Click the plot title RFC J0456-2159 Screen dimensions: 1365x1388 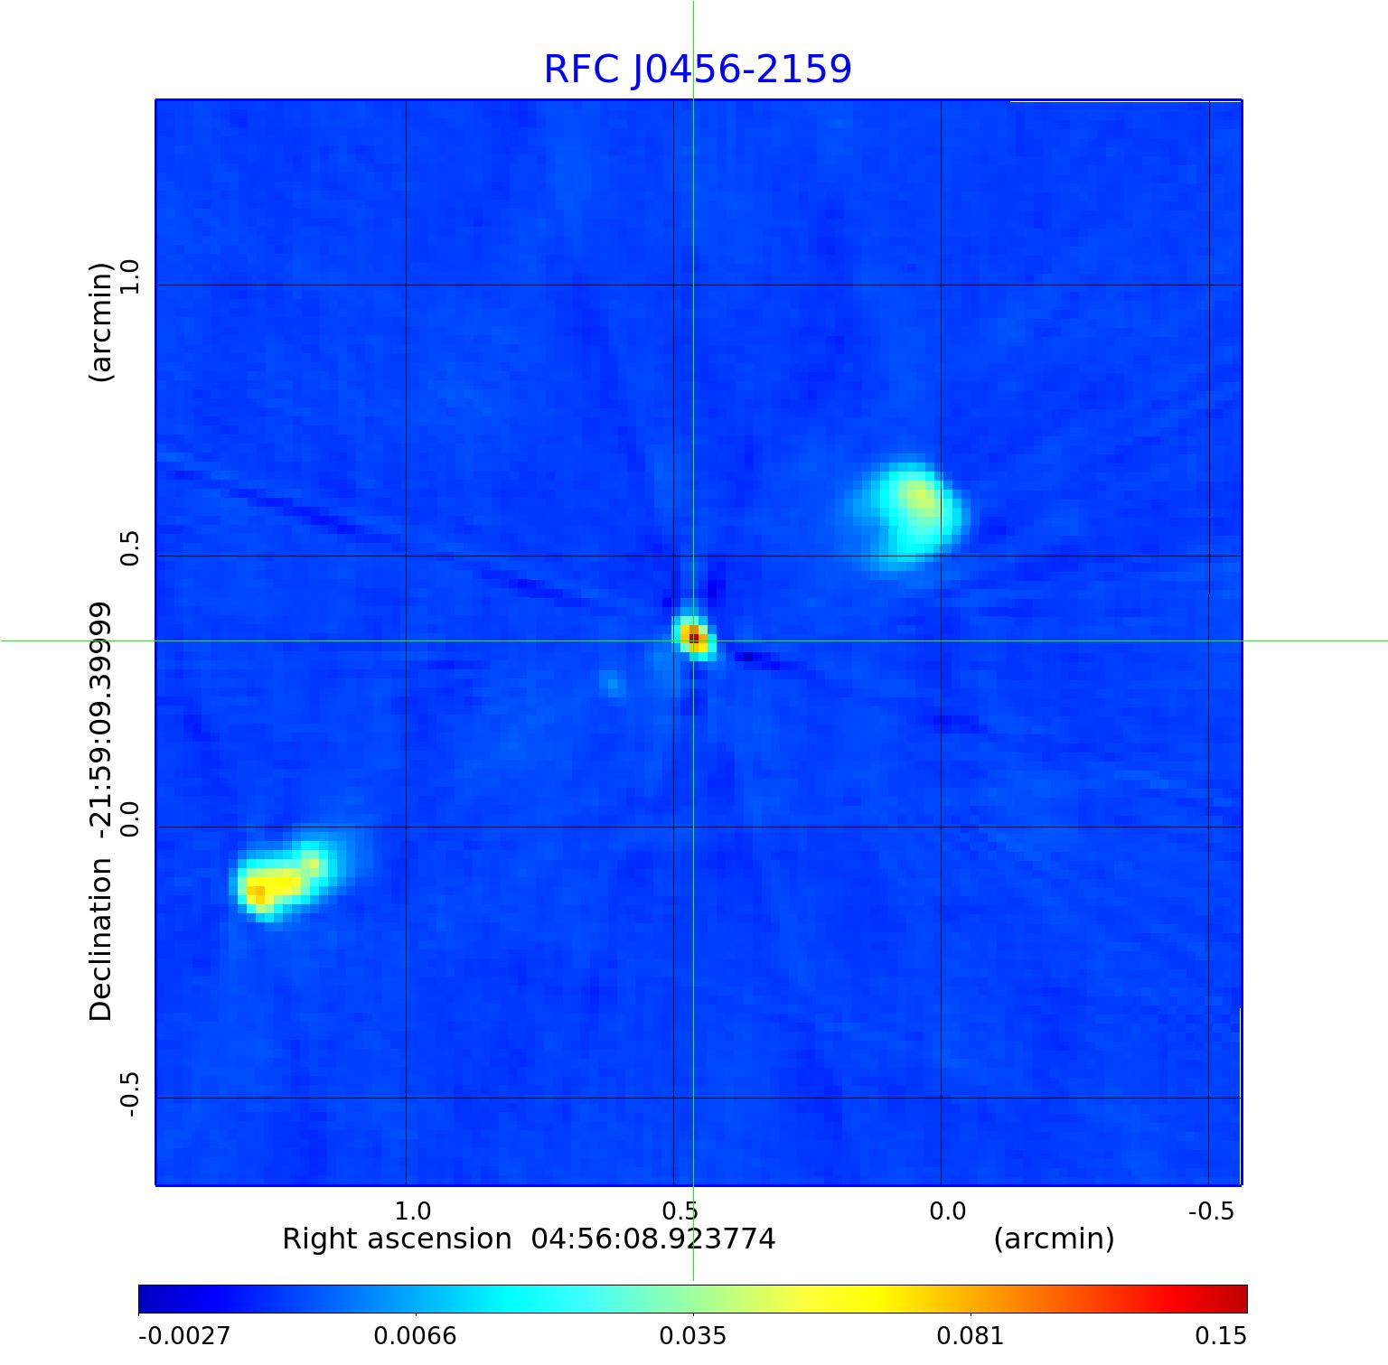pyautogui.click(x=697, y=70)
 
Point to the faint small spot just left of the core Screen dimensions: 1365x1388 pyautogui.click(x=613, y=684)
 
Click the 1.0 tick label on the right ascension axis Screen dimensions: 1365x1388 pyautogui.click(x=413, y=1211)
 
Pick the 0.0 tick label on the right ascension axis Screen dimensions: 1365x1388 pyautogui.click(x=947, y=1211)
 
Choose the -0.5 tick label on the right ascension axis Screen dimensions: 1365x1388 pyautogui.click(x=1210, y=1211)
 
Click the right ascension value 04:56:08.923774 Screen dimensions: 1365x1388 pyautogui.click(x=652, y=1239)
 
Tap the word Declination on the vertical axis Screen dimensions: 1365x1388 pyautogui.click(x=100, y=940)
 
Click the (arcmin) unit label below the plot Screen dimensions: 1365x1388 pyautogui.click(x=1054, y=1239)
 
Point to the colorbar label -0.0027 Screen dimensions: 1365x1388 pyautogui.click(x=184, y=1336)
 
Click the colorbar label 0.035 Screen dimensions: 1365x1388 pyautogui.click(x=693, y=1336)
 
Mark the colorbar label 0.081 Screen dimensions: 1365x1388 pyautogui.click(x=971, y=1336)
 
